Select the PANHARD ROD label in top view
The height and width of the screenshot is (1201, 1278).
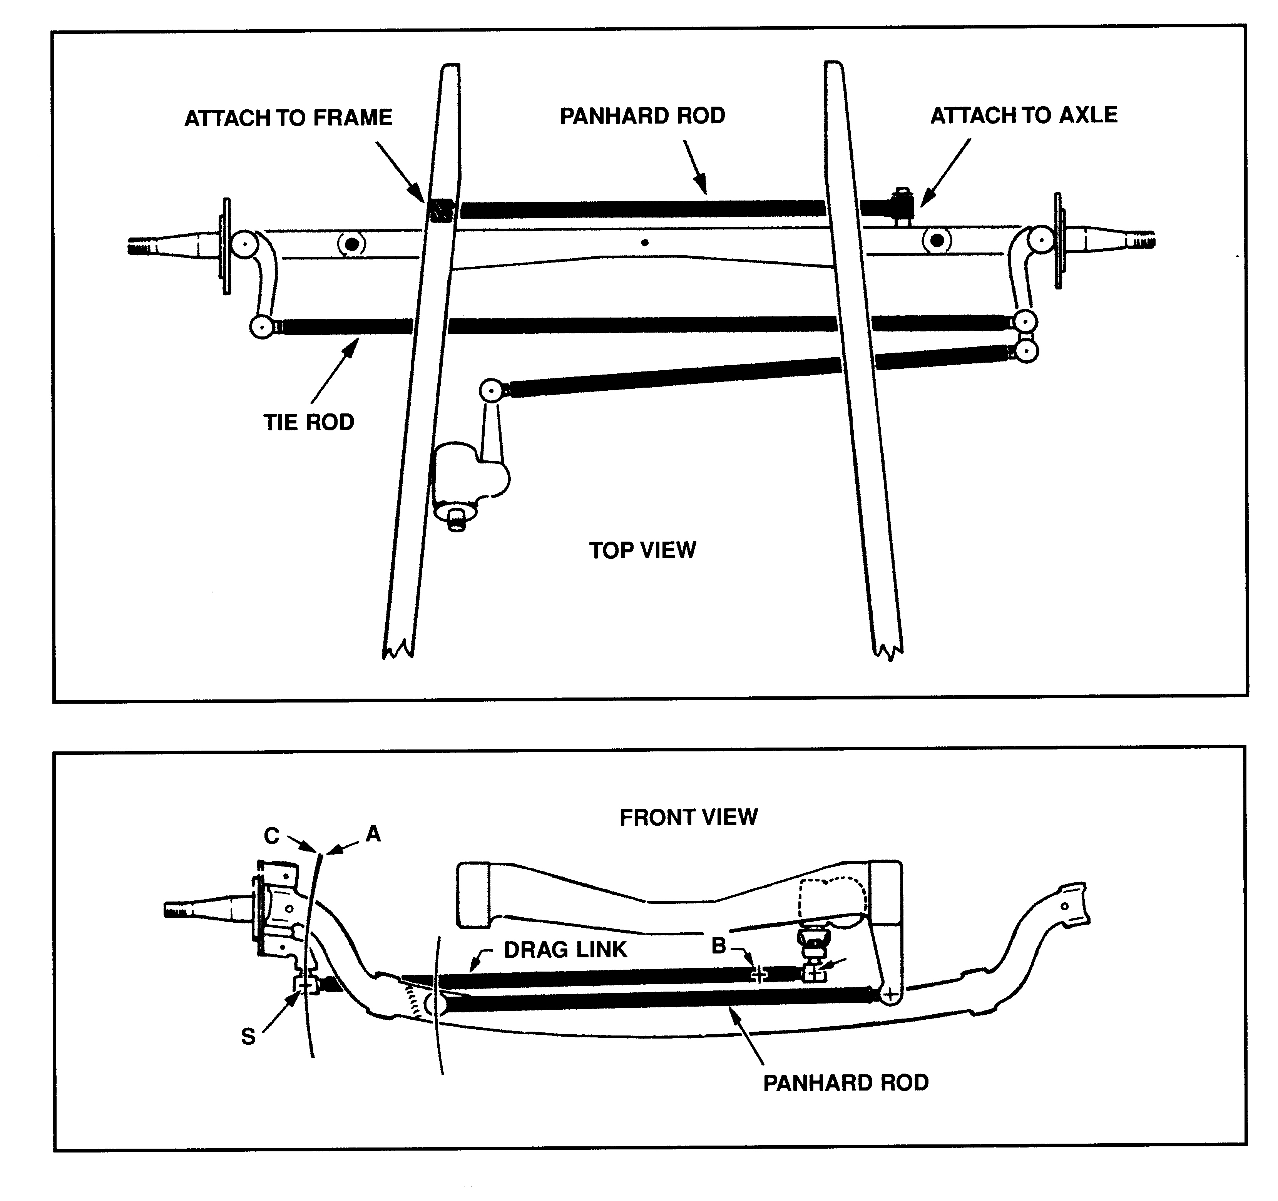point(642,116)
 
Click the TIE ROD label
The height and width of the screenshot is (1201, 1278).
point(309,422)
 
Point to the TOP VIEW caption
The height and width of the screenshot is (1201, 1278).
point(642,550)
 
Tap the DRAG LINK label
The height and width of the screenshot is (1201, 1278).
point(564,950)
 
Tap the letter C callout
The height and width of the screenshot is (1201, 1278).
point(271,836)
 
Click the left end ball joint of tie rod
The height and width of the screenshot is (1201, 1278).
point(262,326)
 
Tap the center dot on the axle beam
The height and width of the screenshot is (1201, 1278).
point(645,243)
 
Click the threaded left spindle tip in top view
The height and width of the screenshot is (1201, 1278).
point(145,246)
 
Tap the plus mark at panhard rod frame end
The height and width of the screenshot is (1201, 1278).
point(890,995)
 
